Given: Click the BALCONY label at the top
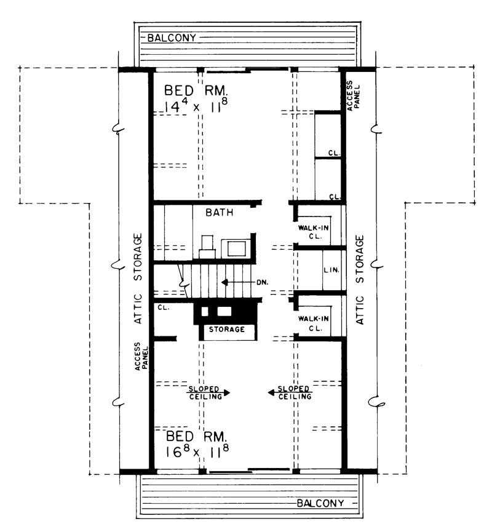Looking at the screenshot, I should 172,38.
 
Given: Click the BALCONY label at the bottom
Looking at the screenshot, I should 320,503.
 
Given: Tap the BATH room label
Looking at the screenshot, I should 219,213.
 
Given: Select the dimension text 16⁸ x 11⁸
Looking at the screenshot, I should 197,453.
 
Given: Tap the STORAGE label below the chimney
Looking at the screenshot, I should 228,330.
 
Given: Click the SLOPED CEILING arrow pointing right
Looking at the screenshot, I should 209,392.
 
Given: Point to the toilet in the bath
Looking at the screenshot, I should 207,246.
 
